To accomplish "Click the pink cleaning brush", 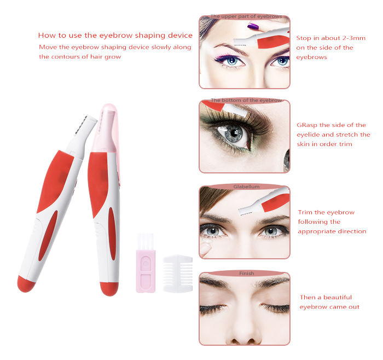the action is coord(146,263).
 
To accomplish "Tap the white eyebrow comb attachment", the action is coord(178,273).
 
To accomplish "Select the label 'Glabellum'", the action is coord(246,187).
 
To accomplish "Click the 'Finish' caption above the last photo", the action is coord(246,274).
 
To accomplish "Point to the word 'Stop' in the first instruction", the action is coord(304,38).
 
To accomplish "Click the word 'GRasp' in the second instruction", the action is coord(307,125).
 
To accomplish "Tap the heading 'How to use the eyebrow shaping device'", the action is coord(115,36).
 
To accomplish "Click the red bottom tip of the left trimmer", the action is coord(26,284).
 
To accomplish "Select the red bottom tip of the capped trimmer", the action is coord(109,288).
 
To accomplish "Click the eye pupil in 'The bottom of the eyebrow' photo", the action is coord(234,133).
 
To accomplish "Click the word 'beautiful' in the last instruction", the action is coord(338,297).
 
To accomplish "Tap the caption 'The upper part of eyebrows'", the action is coord(246,16).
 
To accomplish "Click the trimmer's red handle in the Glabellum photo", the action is coord(276,202).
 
